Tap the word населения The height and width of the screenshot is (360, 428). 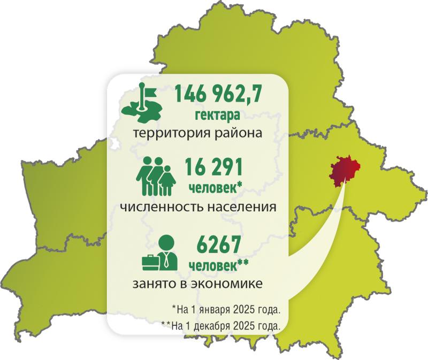pos(241,206)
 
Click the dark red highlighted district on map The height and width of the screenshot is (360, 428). pos(344,171)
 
